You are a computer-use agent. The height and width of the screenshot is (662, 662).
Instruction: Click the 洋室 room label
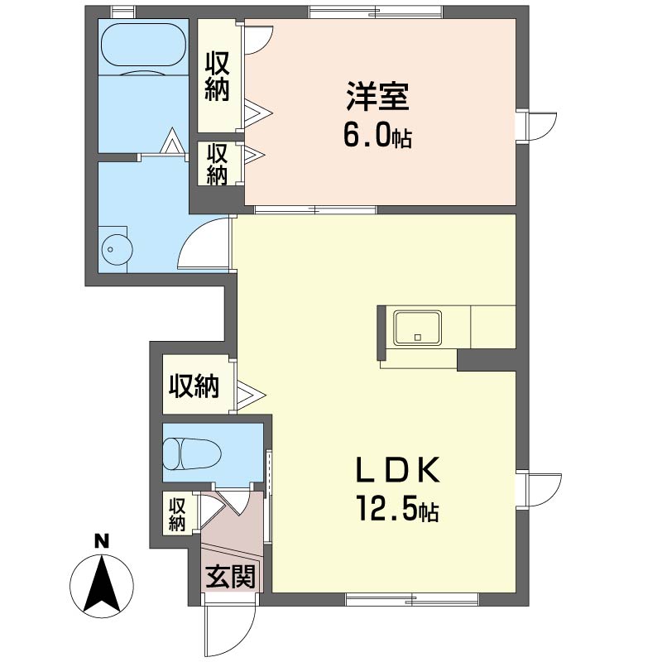(x=377, y=97)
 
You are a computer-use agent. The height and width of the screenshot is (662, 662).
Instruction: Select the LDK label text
(x=398, y=470)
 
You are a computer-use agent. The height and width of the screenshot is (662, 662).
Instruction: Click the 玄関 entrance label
(x=231, y=576)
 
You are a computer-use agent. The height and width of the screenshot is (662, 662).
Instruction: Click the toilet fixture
(x=192, y=453)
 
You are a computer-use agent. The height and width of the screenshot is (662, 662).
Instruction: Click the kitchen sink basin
(x=418, y=328)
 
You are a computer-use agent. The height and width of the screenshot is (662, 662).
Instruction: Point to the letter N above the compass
(x=101, y=541)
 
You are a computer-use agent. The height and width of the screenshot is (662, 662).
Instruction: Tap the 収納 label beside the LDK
(x=194, y=386)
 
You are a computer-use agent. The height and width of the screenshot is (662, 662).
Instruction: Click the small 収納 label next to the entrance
(x=177, y=515)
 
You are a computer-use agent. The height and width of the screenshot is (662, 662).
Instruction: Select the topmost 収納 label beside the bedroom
(x=218, y=76)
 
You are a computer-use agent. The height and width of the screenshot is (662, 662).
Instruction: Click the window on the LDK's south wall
(x=412, y=599)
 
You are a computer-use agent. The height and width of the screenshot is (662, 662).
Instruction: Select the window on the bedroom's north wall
(x=377, y=12)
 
